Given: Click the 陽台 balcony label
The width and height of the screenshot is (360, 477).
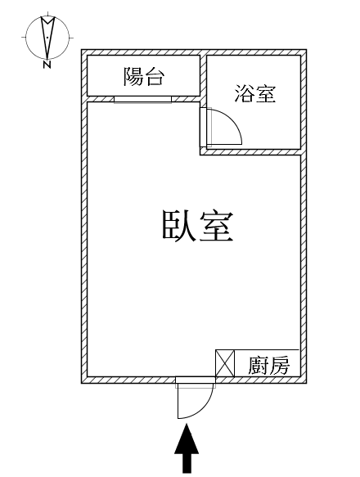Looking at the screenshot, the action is tap(144, 76).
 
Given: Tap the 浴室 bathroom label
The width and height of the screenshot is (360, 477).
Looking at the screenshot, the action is tap(255, 93).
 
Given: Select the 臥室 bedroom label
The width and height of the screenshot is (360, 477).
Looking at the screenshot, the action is tap(197, 226).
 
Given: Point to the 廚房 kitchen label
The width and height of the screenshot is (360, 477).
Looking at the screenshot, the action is tap(268, 365).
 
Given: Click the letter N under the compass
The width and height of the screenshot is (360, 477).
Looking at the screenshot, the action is tap(47, 65).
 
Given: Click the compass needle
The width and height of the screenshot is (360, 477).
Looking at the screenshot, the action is tap(47, 37).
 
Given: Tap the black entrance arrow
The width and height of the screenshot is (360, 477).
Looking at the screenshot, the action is tap(187, 448).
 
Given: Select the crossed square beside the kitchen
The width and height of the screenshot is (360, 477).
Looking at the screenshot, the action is tap(225, 363).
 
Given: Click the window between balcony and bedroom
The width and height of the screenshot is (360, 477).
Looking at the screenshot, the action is tap(142, 99).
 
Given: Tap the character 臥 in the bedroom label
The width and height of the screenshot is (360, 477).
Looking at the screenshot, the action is tap(178, 226).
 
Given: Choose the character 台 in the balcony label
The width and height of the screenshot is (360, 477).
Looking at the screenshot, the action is tap(155, 76).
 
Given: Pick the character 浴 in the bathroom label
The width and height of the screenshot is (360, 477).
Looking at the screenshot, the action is tap(244, 93).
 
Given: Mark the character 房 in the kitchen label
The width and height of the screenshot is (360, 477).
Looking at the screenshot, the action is tap(280, 365).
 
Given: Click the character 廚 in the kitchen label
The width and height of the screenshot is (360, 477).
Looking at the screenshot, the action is tap(258, 365).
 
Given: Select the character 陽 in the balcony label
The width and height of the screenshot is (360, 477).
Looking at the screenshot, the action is tap(133, 76).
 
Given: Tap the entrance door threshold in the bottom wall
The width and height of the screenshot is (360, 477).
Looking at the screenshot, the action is tap(196, 380).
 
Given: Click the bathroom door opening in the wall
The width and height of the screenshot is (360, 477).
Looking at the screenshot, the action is tap(203, 128).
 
